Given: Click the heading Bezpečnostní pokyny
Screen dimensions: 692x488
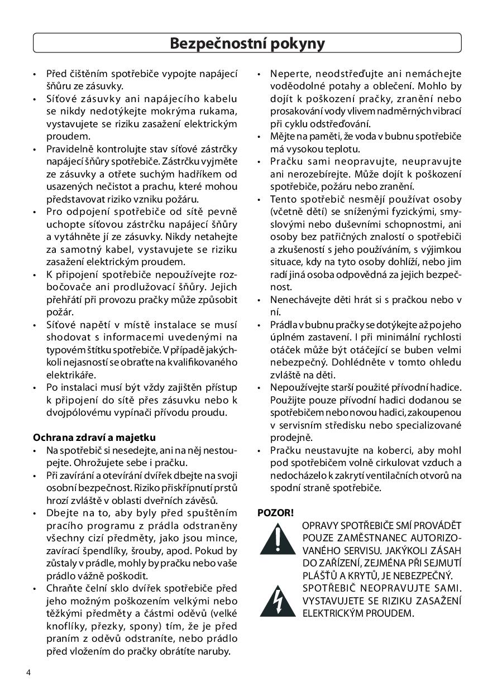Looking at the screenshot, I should pos(247,43).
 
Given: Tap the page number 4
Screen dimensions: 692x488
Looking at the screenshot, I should pos(28,671).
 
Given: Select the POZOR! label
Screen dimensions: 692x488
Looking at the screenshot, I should pos(275,512).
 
